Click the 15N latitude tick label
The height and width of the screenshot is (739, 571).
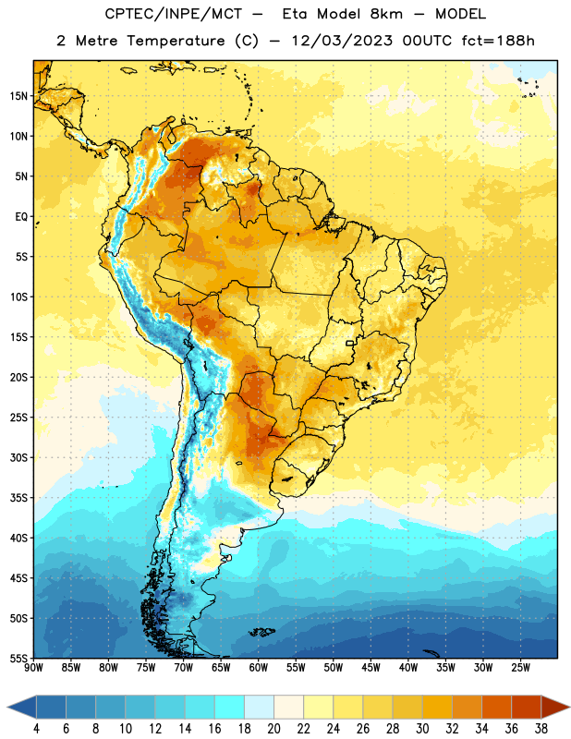[18, 96]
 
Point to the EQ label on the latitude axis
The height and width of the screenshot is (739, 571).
[21, 217]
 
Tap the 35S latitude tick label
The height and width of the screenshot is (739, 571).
[18, 498]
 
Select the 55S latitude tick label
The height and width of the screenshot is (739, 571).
[18, 658]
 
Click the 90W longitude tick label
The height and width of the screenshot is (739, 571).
[33, 668]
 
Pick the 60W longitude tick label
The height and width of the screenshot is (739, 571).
[259, 668]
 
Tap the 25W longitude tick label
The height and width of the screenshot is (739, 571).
[520, 668]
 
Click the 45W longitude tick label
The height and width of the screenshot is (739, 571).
[371, 668]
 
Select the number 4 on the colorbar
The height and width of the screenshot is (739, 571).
[36, 729]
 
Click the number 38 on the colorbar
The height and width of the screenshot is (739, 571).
[541, 729]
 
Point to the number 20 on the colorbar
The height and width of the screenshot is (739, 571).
[273, 729]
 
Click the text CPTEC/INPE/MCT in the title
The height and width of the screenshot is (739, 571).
[173, 14]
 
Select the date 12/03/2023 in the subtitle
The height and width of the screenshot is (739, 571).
[342, 41]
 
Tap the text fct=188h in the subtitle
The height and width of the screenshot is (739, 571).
[498, 41]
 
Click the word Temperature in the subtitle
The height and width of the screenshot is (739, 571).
[176, 41]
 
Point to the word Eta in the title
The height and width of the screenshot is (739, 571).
[295, 14]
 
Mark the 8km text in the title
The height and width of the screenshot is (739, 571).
[386, 14]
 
